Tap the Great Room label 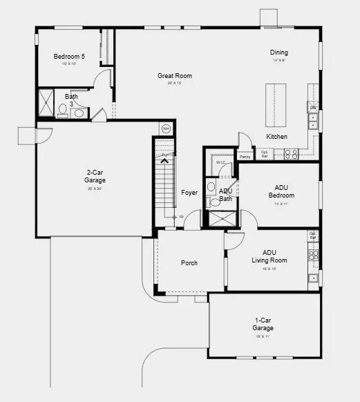pyautogui.click(x=174, y=76)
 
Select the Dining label pyautogui.click(x=279, y=52)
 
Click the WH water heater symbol pyautogui.click(x=166, y=128)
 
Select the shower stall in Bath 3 pyautogui.click(x=46, y=104)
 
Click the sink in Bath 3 pyautogui.click(x=78, y=113)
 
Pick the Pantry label pyautogui.click(x=244, y=157)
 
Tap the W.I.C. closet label pyautogui.click(x=220, y=163)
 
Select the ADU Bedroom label pyautogui.click(x=281, y=191)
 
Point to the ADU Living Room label pyautogui.click(x=274, y=256)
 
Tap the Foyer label pyautogui.click(x=189, y=193)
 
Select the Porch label pyautogui.click(x=189, y=262)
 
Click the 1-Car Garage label pyautogui.click(x=263, y=324)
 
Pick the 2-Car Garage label pyautogui.click(x=96, y=176)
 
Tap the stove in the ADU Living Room pyautogui.click(x=314, y=256)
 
